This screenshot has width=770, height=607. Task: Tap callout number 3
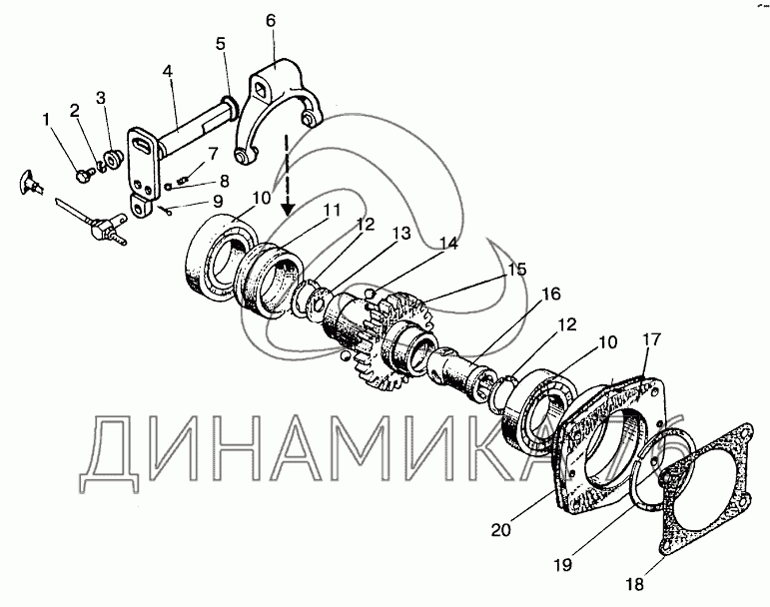[x=100, y=98]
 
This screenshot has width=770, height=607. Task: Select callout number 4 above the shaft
[x=167, y=72]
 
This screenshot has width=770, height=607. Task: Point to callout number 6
[x=270, y=21]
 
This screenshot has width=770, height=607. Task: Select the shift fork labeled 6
[x=279, y=110]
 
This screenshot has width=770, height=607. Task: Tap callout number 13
[x=400, y=233]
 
